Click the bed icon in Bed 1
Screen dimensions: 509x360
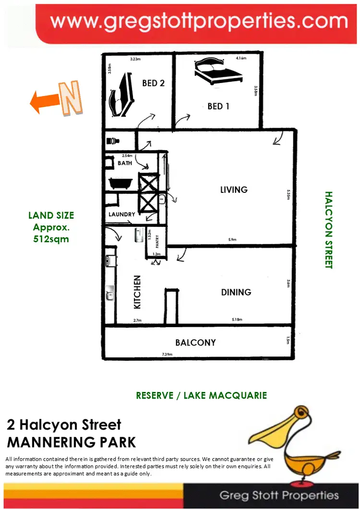pos(217,71)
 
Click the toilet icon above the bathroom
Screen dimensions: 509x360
pos(113,142)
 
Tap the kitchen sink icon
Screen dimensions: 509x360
pos(110,293)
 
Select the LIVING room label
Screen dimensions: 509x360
pos(234,189)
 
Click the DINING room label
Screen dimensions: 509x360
pos(236,292)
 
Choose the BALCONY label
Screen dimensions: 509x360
pos(195,343)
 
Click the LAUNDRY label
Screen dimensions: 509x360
pos(122,214)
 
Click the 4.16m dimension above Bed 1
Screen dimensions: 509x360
pos(240,58)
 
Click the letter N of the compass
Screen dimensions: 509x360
pos(71,99)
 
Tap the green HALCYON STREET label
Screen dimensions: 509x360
pos(329,230)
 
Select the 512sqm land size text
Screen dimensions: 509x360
pos(51,238)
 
